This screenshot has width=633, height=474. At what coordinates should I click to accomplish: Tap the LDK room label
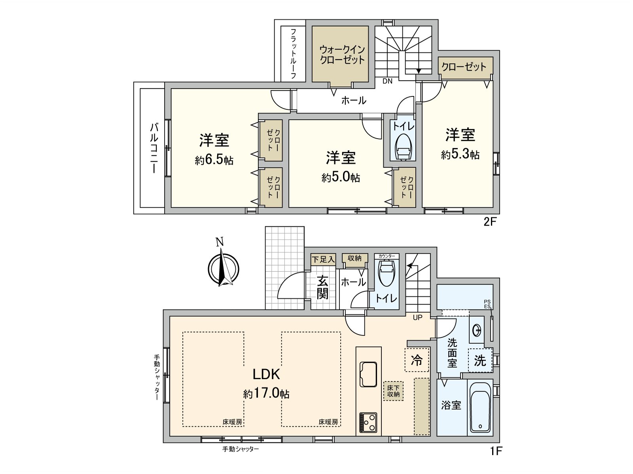(x=267, y=374)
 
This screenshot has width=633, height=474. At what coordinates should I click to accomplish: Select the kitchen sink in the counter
(x=368, y=373)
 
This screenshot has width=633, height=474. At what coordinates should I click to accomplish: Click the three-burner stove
(x=368, y=423)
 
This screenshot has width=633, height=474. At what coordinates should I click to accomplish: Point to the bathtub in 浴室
(x=480, y=407)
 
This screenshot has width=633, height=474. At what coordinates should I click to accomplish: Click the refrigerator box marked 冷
(x=417, y=360)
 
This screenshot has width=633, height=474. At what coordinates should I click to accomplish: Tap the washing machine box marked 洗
(x=480, y=360)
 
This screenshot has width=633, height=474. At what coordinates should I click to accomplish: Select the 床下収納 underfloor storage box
(x=393, y=391)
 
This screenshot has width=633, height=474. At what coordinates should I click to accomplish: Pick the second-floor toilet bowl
(x=403, y=147)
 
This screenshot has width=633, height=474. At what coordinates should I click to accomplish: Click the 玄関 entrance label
(x=322, y=287)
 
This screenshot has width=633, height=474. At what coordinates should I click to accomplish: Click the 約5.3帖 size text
(x=460, y=154)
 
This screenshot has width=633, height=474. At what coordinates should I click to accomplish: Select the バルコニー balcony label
(x=154, y=148)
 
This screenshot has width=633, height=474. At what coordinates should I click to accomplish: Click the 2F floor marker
(x=490, y=222)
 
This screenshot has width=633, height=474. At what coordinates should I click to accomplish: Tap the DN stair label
(x=387, y=81)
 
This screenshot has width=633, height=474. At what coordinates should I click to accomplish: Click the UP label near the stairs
(x=418, y=317)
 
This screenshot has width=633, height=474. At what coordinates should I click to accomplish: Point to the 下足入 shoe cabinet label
(x=323, y=259)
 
